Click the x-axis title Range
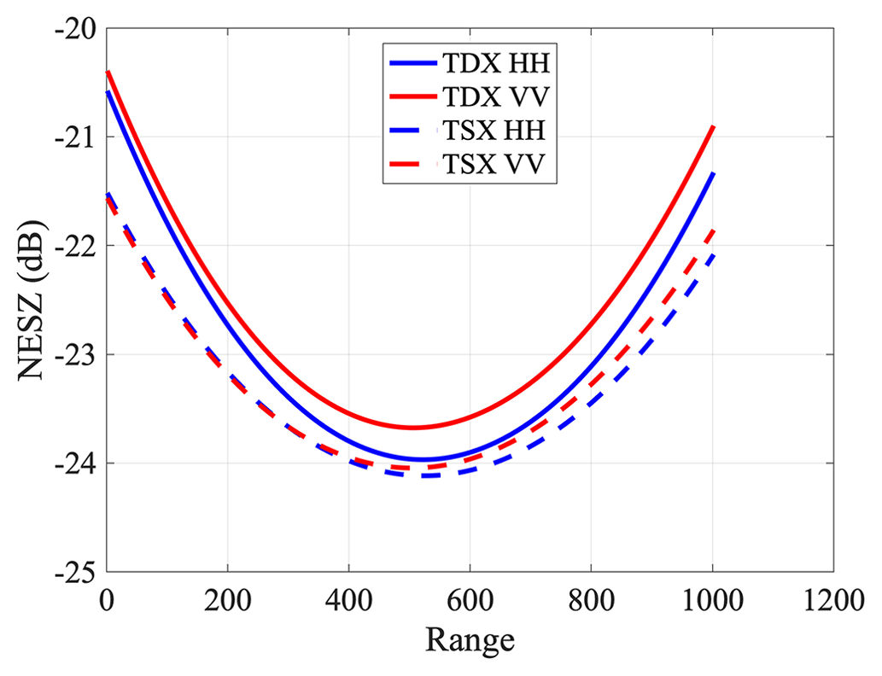[x=470, y=639]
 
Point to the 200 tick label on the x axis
[x=227, y=603]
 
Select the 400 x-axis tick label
[x=348, y=603]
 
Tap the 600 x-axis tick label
[x=470, y=603]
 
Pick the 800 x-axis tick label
[x=591, y=603]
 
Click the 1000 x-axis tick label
[x=712, y=603]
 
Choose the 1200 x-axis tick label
[x=832, y=603]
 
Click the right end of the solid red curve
[x=713, y=126]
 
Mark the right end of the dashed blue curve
[x=713, y=255]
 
